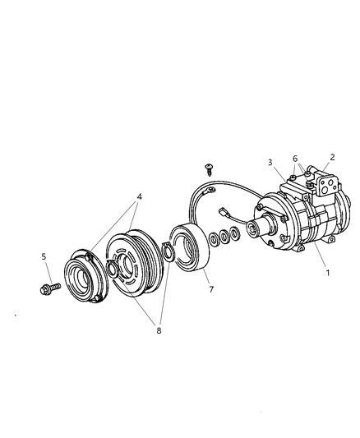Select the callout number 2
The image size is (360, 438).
coord(332,156)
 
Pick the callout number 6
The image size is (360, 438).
coord(295,159)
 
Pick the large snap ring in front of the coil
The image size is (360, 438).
coord(169,251)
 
